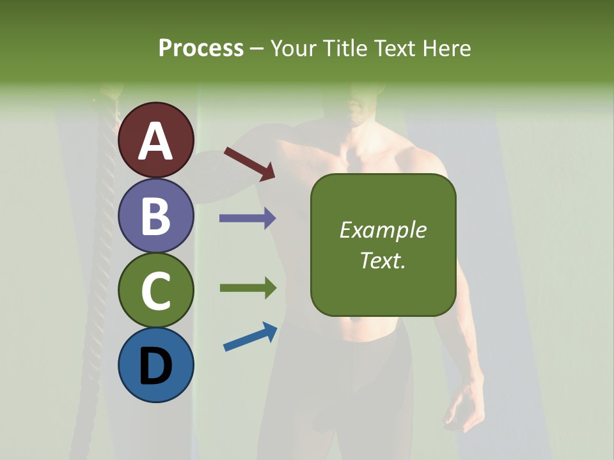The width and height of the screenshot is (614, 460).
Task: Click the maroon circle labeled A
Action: (x=156, y=140)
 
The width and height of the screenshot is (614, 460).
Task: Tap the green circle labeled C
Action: (x=156, y=290)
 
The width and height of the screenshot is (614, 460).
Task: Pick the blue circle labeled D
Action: (x=156, y=365)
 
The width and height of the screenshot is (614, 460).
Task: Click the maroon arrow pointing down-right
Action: (x=249, y=164)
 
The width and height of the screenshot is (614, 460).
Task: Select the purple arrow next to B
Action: (x=248, y=218)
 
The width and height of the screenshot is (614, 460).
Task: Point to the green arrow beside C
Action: (x=248, y=288)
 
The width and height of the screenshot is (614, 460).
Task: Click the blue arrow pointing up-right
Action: (x=250, y=337)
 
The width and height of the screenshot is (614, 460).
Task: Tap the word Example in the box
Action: (x=383, y=230)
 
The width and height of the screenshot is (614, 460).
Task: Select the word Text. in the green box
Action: (x=383, y=260)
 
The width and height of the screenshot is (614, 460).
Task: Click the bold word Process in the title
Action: (x=201, y=48)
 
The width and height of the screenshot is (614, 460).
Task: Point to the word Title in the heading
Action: (x=345, y=48)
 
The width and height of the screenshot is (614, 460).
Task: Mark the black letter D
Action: (x=156, y=366)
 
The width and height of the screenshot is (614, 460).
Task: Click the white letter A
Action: (x=156, y=141)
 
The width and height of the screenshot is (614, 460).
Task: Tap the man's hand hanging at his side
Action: (x=464, y=409)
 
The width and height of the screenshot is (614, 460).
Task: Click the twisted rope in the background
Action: (x=102, y=256)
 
